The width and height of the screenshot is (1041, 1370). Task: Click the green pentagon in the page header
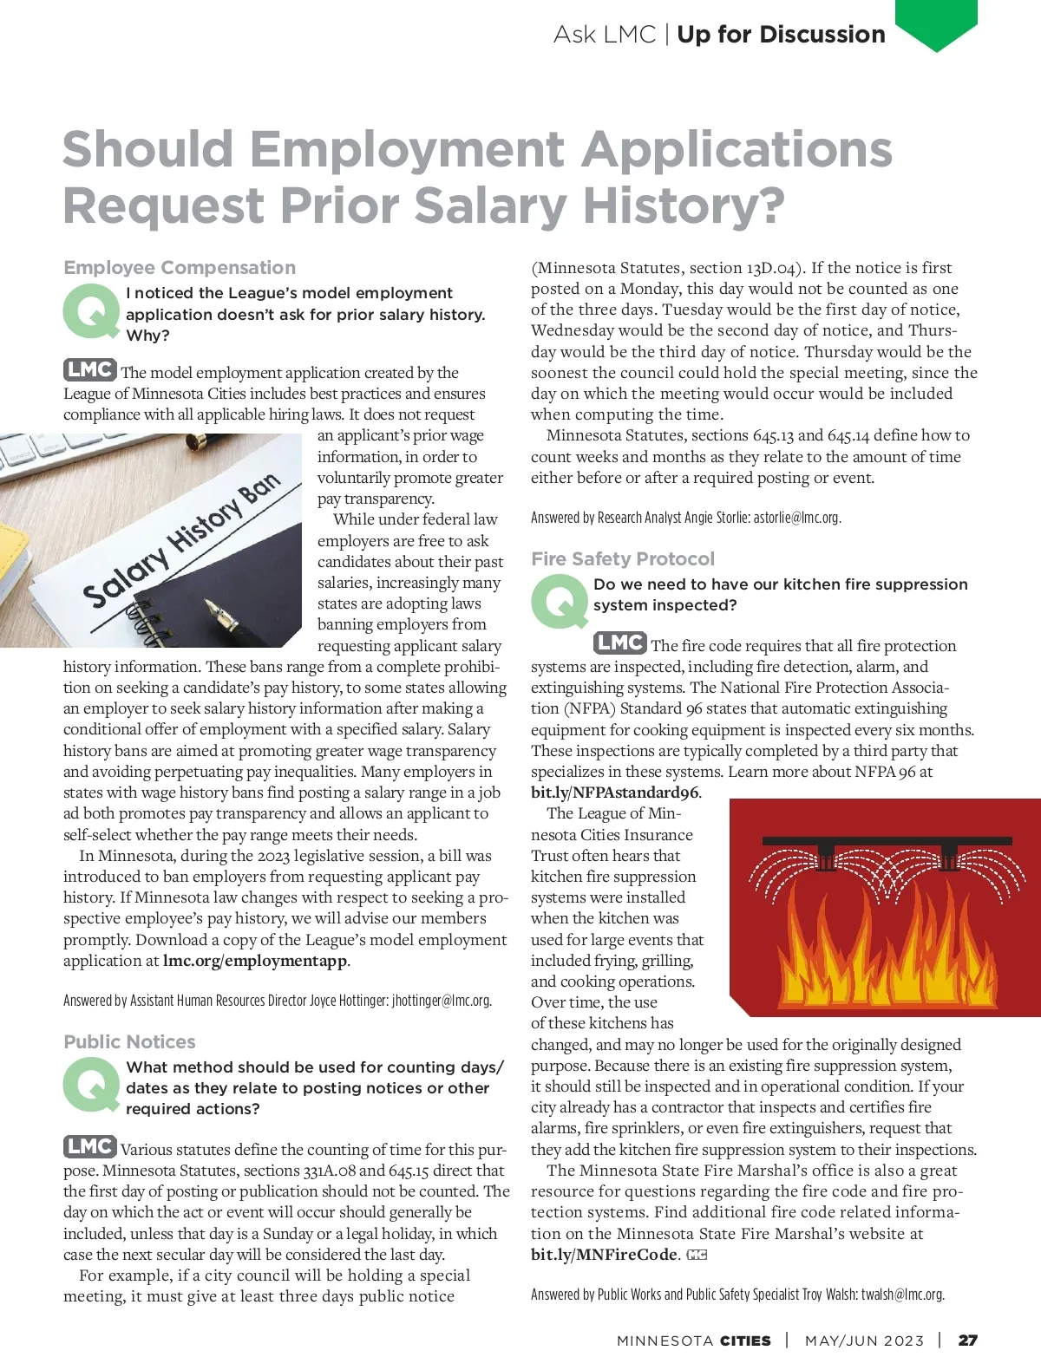coord(936,21)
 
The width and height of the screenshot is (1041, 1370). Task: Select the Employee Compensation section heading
coord(180,267)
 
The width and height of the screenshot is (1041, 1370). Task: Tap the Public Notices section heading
coord(129,1041)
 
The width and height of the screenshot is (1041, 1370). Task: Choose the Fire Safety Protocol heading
coord(623,558)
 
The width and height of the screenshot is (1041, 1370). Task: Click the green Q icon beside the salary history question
coord(90,311)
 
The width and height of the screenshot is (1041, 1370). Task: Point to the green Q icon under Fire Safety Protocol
coord(559,601)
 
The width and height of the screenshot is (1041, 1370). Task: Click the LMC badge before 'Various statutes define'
coord(89,1146)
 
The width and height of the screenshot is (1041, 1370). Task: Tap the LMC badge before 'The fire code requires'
coord(619,643)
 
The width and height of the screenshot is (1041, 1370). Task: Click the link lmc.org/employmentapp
coord(255,961)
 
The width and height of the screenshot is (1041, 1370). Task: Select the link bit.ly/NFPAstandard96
coord(614,793)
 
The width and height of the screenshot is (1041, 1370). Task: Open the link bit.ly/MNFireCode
coord(604,1255)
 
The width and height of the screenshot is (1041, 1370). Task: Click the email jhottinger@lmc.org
coord(441,1001)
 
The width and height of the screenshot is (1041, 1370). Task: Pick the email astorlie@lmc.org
coord(795,518)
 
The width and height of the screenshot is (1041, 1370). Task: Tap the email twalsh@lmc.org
coord(901,1295)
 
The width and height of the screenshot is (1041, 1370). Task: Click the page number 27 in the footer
coord(967,1341)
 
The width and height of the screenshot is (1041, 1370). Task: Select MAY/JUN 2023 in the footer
coord(864,1341)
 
